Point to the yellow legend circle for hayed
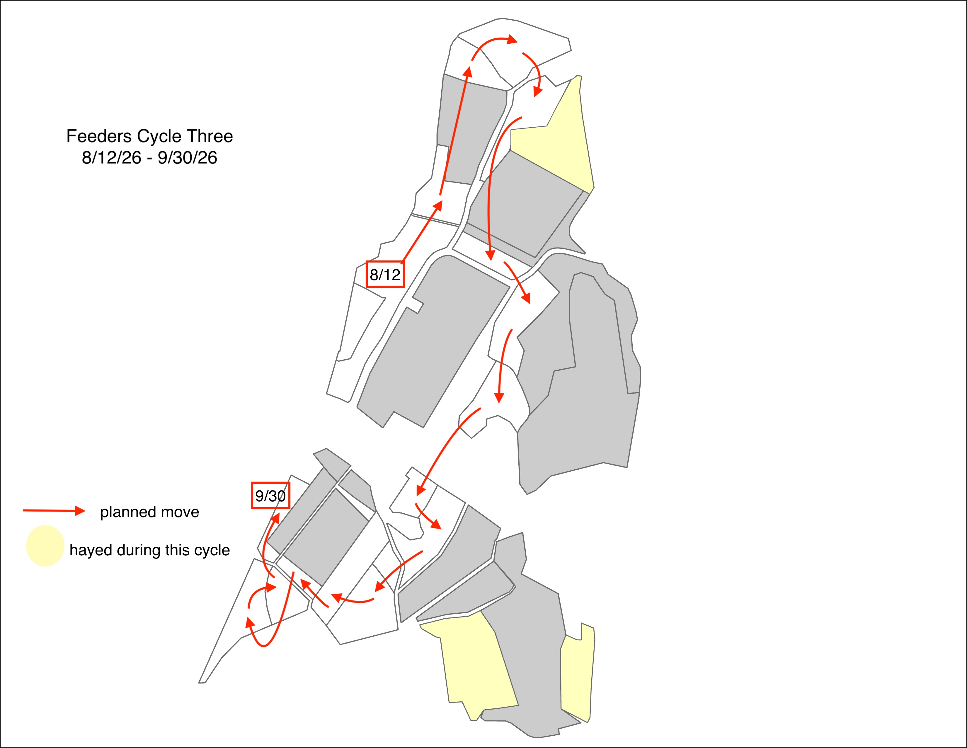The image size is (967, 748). pos(45,546)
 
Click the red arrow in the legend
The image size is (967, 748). pos(54,511)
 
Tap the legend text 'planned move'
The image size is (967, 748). pos(150,512)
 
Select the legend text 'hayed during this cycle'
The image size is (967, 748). pos(150,550)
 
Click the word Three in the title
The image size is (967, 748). pos(210,136)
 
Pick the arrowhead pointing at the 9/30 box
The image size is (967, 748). pos(275,519)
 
